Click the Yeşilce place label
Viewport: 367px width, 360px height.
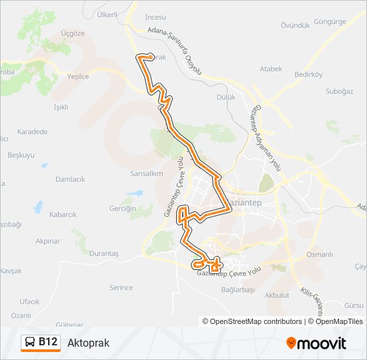coord(78,76)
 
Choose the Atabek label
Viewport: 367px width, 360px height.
coord(271,69)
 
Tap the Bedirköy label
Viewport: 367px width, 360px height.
coord(308,75)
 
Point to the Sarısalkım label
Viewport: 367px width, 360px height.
coord(147,173)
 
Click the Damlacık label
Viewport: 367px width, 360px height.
coord(70,179)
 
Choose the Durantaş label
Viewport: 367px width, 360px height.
coord(103,254)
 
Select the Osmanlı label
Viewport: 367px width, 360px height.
coord(320,255)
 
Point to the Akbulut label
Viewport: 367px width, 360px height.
coord(277,295)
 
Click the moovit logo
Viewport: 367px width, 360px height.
coord(316,343)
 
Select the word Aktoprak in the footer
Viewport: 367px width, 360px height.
coord(88,343)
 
